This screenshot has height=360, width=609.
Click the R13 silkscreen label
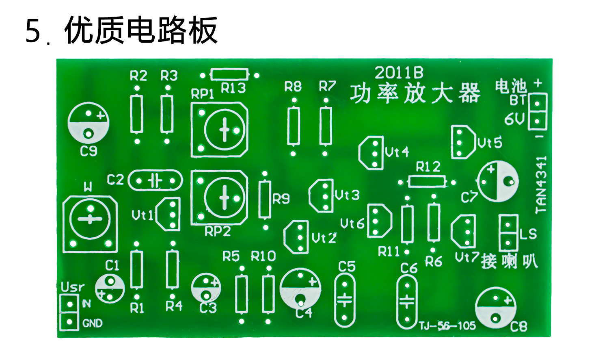click(x=233, y=88)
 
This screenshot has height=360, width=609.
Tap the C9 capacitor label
click(x=89, y=152)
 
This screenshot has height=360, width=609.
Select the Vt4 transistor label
click(x=397, y=152)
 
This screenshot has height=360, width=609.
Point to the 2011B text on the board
click(x=399, y=73)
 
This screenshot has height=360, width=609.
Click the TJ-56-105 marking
click(x=447, y=325)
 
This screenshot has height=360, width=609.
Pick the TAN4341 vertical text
click(x=541, y=185)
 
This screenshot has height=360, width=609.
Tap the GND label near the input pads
click(x=93, y=323)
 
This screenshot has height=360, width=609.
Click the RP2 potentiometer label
click(x=218, y=232)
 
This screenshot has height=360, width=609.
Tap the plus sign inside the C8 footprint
click(x=508, y=301)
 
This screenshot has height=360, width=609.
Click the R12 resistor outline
click(x=427, y=182)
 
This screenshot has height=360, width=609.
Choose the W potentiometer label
click(x=88, y=187)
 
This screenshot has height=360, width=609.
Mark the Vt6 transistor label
click(x=352, y=223)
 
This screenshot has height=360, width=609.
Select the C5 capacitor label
click(x=347, y=267)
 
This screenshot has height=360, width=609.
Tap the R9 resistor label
click(x=281, y=199)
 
